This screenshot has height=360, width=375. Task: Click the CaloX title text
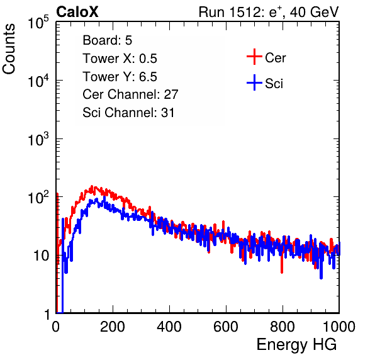tap(77, 12)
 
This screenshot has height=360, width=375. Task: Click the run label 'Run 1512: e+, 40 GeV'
tap(269, 12)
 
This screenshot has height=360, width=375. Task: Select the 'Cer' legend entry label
tap(275, 58)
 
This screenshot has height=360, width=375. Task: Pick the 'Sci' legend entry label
tap(274, 84)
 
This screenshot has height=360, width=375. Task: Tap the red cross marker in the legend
tap(254, 57)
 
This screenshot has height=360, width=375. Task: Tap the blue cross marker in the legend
tap(254, 82)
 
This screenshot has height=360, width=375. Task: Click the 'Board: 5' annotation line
tap(108, 40)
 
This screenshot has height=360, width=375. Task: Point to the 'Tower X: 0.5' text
tap(120, 59)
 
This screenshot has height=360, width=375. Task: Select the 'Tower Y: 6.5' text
tap(120, 77)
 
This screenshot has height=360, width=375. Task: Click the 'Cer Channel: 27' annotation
tap(130, 94)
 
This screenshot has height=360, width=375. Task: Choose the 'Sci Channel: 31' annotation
tap(128, 113)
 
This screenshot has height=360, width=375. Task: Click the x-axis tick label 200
tap(113, 327)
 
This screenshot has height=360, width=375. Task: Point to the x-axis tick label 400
tap(169, 327)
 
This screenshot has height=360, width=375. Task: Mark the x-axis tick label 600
tap(226, 327)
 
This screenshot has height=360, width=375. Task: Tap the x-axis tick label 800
tap(283, 327)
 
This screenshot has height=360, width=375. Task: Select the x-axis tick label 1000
tap(339, 327)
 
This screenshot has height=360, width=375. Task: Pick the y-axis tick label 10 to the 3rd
tap(38, 139)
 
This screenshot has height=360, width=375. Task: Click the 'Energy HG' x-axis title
tap(296, 345)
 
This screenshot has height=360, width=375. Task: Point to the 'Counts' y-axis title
tap(9, 49)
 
